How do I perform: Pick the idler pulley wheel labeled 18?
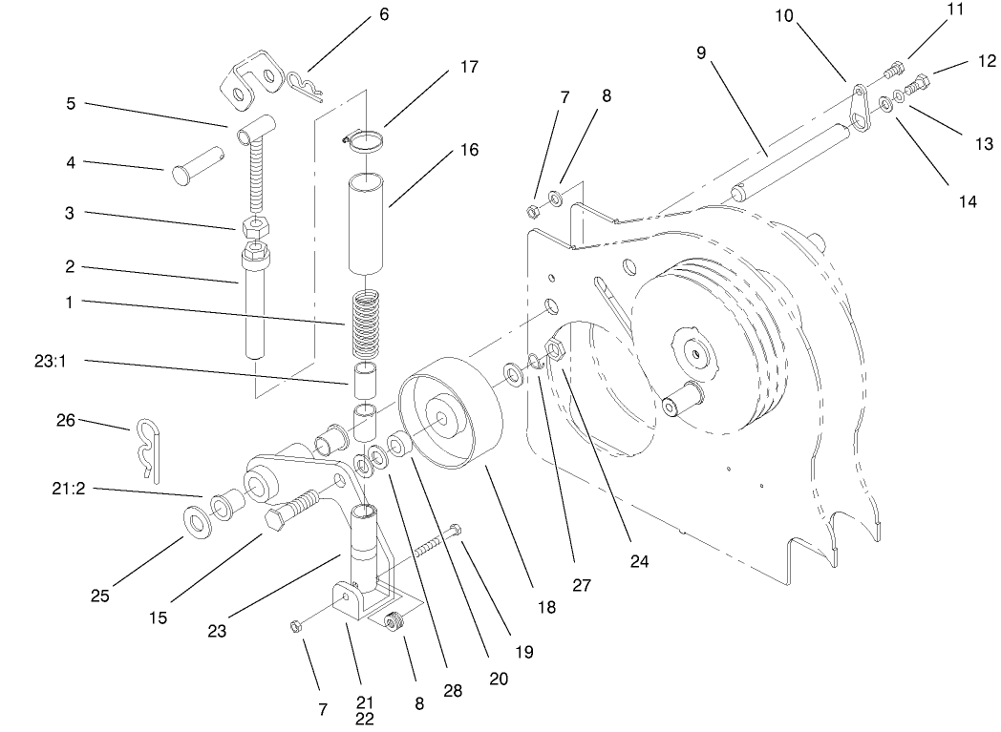coord(447,411)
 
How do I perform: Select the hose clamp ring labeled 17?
coord(365,141)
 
